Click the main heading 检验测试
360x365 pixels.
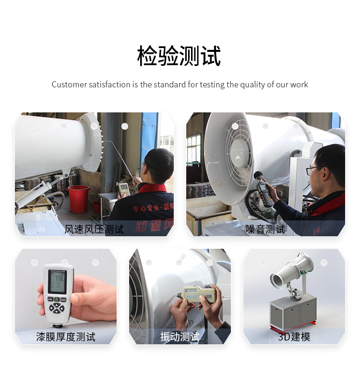click(x=179, y=56)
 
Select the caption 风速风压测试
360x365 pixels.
click(x=94, y=229)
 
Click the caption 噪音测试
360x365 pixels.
click(x=265, y=229)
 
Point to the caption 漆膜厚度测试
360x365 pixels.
click(x=66, y=337)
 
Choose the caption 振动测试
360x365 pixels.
click(x=180, y=337)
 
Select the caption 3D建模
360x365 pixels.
click(x=294, y=337)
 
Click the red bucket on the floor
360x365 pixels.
click(x=78, y=198)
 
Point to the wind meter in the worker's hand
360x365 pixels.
click(x=124, y=188)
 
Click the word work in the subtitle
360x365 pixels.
click(x=299, y=85)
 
